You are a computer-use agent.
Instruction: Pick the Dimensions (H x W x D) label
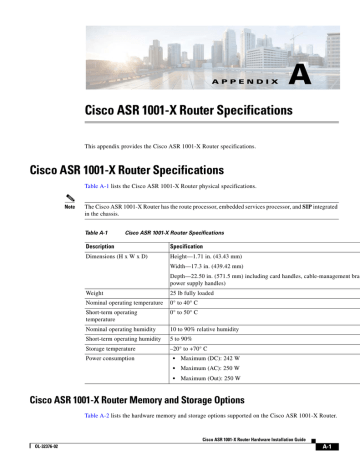[123, 257]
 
